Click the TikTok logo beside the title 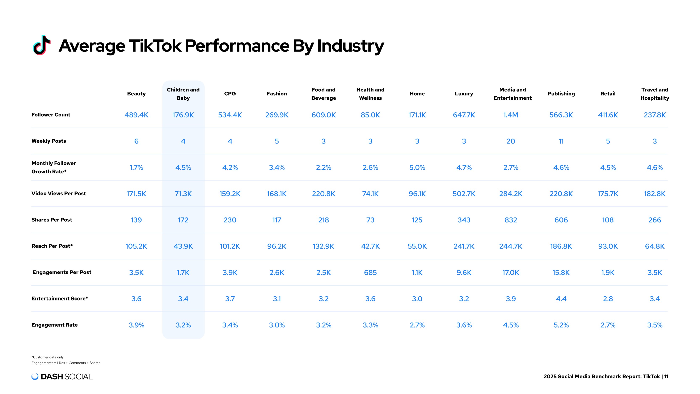coord(42,45)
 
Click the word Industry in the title coord(351,46)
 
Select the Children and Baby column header coord(183,94)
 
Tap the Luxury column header coord(464,94)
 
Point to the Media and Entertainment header coord(513,94)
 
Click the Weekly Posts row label coord(49,141)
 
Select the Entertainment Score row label coord(59,299)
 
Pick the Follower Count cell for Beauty coord(136,115)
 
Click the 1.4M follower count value coord(511,115)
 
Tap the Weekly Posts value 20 coord(511,141)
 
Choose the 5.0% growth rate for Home coord(417,167)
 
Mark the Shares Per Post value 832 coord(511,220)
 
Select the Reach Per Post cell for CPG coord(230,246)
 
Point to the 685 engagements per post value coord(370,273)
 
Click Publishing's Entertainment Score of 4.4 coord(561,299)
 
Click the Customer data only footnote coord(47,357)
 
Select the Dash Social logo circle coord(35,376)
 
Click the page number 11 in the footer coord(666,377)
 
